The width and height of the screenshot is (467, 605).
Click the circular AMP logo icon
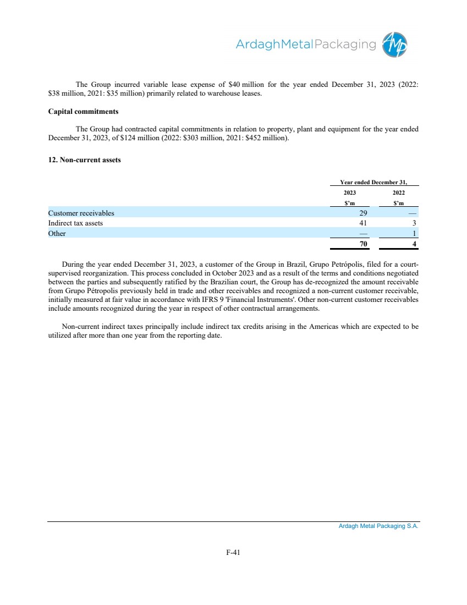click(395, 44)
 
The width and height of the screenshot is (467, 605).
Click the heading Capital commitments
click(83, 111)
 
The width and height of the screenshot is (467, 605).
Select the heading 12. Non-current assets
click(84, 160)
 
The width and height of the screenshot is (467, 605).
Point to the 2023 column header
click(350, 193)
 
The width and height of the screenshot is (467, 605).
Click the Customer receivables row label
click(81, 212)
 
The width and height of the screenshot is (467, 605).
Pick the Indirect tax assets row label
click(75, 223)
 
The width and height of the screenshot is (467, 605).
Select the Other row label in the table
click(57, 233)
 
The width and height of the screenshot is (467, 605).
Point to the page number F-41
click(233, 553)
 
